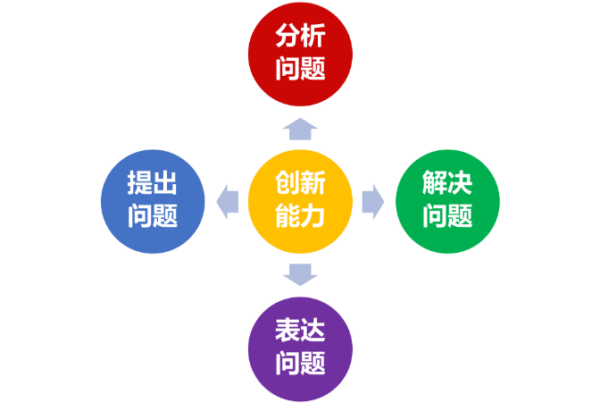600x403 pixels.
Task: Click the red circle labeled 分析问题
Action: tap(300, 53)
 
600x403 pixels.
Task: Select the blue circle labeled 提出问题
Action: tap(152, 201)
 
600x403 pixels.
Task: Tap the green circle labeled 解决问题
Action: tap(448, 201)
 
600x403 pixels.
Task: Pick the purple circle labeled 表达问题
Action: tap(300, 348)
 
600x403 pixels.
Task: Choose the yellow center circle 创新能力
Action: tap(300, 201)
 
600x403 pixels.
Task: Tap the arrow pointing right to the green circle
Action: tap(372, 201)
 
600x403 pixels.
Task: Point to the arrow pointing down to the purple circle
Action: tap(300, 273)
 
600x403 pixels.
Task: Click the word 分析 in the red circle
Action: tap(300, 38)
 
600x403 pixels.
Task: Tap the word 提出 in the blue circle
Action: tap(152, 185)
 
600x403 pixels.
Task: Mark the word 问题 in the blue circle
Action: tap(152, 216)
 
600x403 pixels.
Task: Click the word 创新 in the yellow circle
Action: tap(300, 185)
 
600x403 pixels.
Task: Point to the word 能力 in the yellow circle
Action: tap(300, 216)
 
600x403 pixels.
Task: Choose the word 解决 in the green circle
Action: tap(448, 185)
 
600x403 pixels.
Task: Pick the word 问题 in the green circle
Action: tap(448, 216)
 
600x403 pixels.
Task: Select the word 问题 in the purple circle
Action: tap(300, 364)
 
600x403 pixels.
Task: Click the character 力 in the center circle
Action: tap(314, 216)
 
